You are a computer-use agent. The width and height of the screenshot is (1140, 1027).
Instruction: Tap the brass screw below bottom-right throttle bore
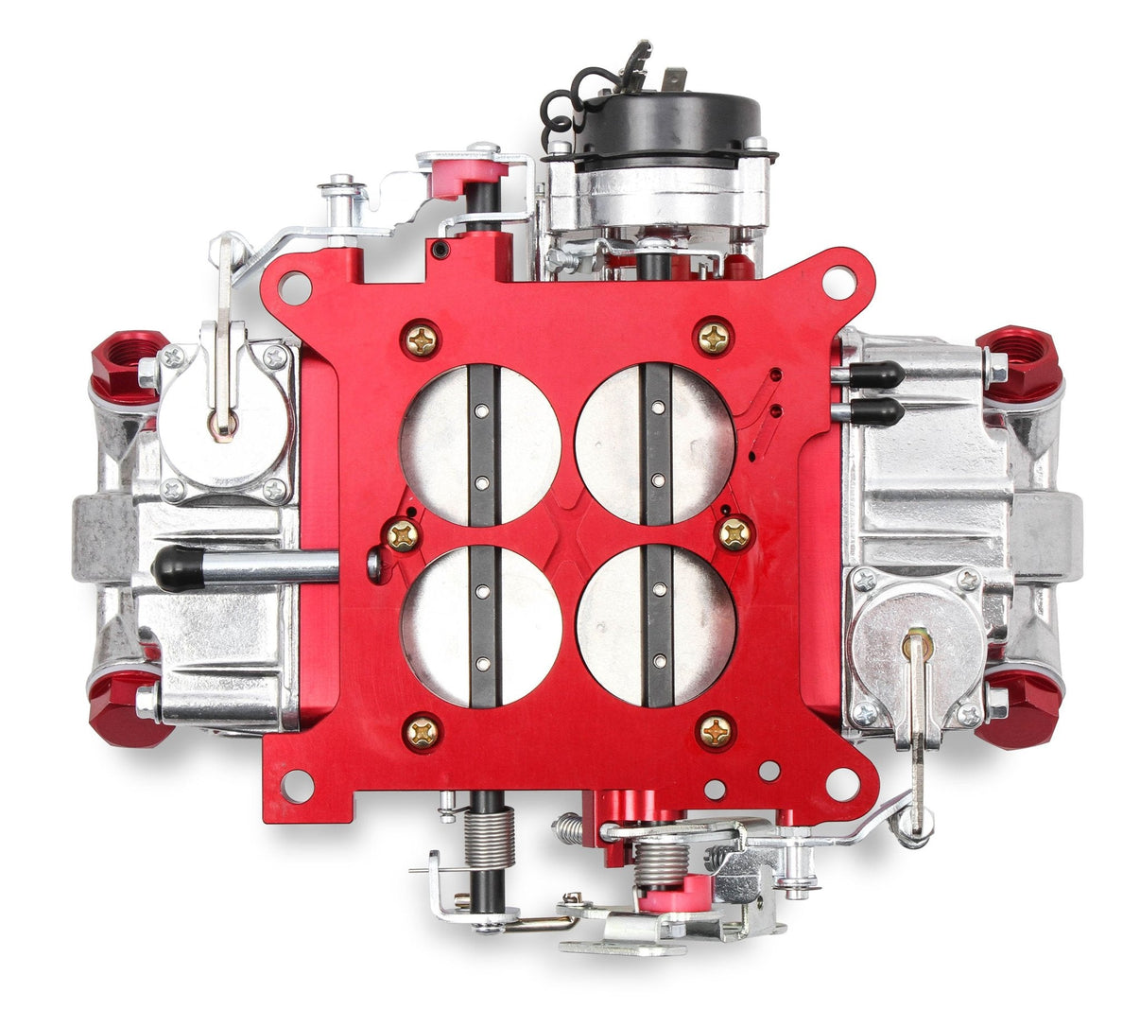point(717,729)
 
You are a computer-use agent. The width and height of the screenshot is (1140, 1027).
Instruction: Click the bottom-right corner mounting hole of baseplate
point(841,782)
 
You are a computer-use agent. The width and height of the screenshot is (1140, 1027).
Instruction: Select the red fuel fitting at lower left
point(128,708)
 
